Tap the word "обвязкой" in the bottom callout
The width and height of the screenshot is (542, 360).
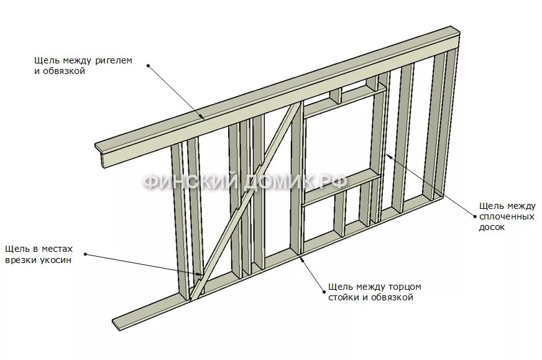393,298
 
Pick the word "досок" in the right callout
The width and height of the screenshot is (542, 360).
492,227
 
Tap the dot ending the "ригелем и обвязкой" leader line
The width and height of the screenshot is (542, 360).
149,64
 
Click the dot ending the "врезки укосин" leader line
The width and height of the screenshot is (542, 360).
85,254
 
